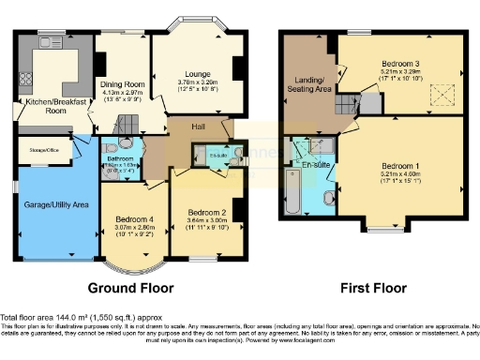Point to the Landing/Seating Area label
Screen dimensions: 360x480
pyautogui.click(x=315, y=82)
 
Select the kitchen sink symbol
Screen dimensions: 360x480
pyautogui.click(x=48, y=42)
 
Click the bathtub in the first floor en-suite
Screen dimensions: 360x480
pyautogui.click(x=292, y=186)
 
